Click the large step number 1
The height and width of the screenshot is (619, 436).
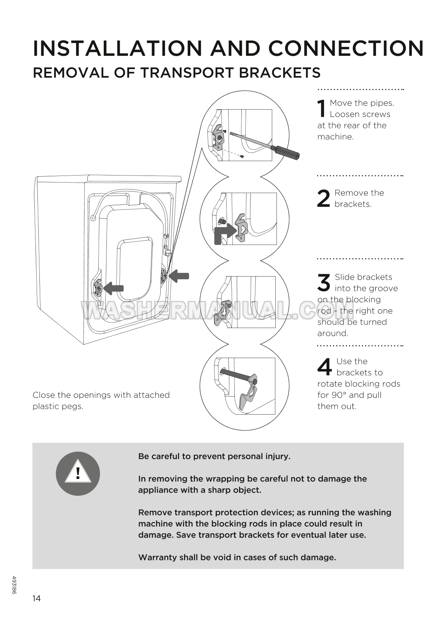321,108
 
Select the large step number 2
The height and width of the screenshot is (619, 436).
324,199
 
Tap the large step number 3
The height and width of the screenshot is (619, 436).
324,282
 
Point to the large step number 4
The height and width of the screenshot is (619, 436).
324,367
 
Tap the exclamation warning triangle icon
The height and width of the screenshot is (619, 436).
78,474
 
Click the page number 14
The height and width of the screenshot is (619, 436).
36,598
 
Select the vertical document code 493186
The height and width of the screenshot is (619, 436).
14,585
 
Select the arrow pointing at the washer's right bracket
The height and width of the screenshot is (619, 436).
179,276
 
